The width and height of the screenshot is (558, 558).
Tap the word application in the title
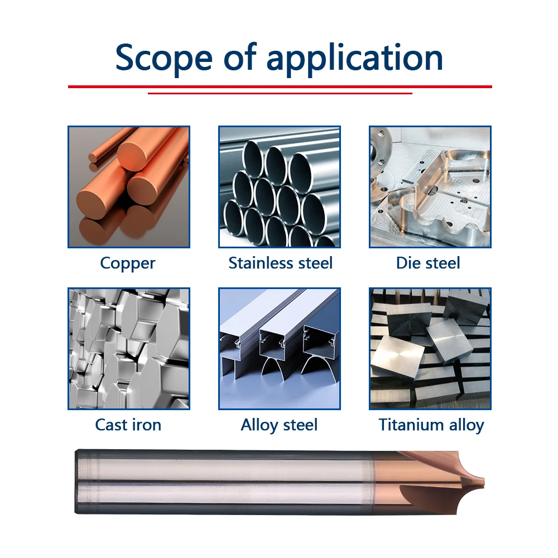355,59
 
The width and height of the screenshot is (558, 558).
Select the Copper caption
128,264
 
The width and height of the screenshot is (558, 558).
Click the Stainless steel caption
281,263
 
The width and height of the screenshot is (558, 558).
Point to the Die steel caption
428,263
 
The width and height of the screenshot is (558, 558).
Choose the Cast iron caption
128,425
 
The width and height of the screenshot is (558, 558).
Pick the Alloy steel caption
279,425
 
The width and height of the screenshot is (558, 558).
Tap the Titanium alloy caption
431,425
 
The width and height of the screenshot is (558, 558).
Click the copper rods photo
129,187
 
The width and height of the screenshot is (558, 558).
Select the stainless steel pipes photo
280,187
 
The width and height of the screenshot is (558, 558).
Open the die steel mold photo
430,187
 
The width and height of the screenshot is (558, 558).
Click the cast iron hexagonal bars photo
129,349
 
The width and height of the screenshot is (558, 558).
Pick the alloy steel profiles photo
280,349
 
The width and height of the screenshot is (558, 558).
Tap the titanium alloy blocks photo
430,349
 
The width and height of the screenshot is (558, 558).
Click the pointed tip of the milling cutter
484,483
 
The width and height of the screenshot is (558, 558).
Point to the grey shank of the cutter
224,482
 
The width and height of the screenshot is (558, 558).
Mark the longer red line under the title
280,86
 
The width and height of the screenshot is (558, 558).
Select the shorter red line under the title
280,93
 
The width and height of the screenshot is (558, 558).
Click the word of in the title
240,56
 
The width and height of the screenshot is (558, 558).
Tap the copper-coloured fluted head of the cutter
427,482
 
